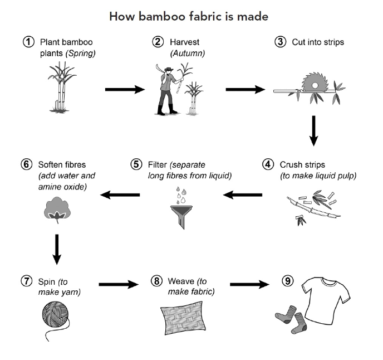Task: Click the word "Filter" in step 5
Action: coord(159,164)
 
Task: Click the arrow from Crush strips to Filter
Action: coord(243,194)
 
